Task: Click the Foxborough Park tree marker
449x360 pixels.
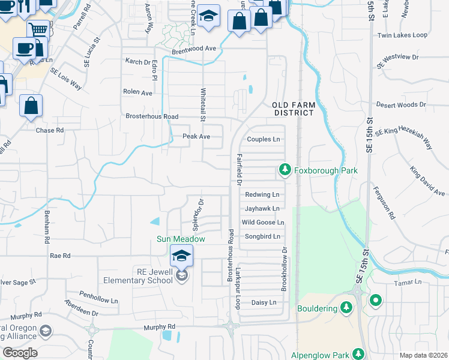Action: click(285, 171)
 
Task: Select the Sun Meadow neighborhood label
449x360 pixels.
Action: click(181, 239)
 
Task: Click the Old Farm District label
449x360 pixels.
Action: click(294, 108)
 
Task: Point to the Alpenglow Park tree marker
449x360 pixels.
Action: click(358, 355)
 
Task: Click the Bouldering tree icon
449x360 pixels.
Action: click(346, 308)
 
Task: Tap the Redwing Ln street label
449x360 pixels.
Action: click(262, 194)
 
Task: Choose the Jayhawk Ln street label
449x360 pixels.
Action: click(262, 208)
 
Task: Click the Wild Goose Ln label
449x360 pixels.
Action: click(262, 222)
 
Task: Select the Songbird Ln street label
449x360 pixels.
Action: click(262, 236)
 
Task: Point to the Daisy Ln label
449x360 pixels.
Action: click(264, 302)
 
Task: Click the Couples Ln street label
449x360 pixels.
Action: click(264, 139)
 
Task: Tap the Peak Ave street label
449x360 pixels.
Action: click(196, 136)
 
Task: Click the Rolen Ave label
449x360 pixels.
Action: click(138, 93)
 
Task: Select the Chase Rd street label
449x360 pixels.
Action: click(50, 130)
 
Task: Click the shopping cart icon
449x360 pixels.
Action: click(38, 29)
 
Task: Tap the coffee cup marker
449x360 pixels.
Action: click(25, 47)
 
